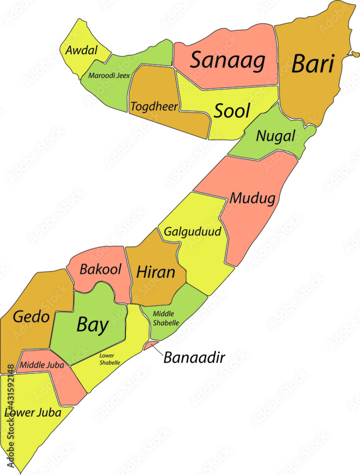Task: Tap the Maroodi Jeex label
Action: (109, 75)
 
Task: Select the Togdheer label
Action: (154, 106)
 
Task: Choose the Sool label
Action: (232, 111)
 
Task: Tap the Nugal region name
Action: (275, 136)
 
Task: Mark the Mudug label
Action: (252, 198)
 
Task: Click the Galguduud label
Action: (192, 232)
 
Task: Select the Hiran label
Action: (155, 272)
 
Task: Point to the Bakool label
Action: (100, 269)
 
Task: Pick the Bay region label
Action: (92, 325)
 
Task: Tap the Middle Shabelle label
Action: (166, 318)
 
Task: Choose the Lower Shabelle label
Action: (110, 359)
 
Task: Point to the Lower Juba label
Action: (33, 413)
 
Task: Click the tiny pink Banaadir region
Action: (151, 345)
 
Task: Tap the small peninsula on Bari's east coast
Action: (354, 54)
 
